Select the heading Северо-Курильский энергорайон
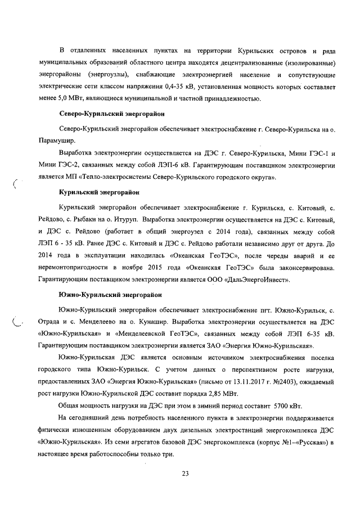[x=112, y=114]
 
